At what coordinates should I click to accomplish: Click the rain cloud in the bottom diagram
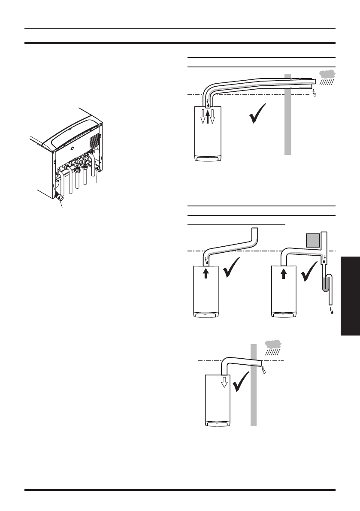click(x=273, y=344)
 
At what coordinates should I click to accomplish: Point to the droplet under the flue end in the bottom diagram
click(x=263, y=368)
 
